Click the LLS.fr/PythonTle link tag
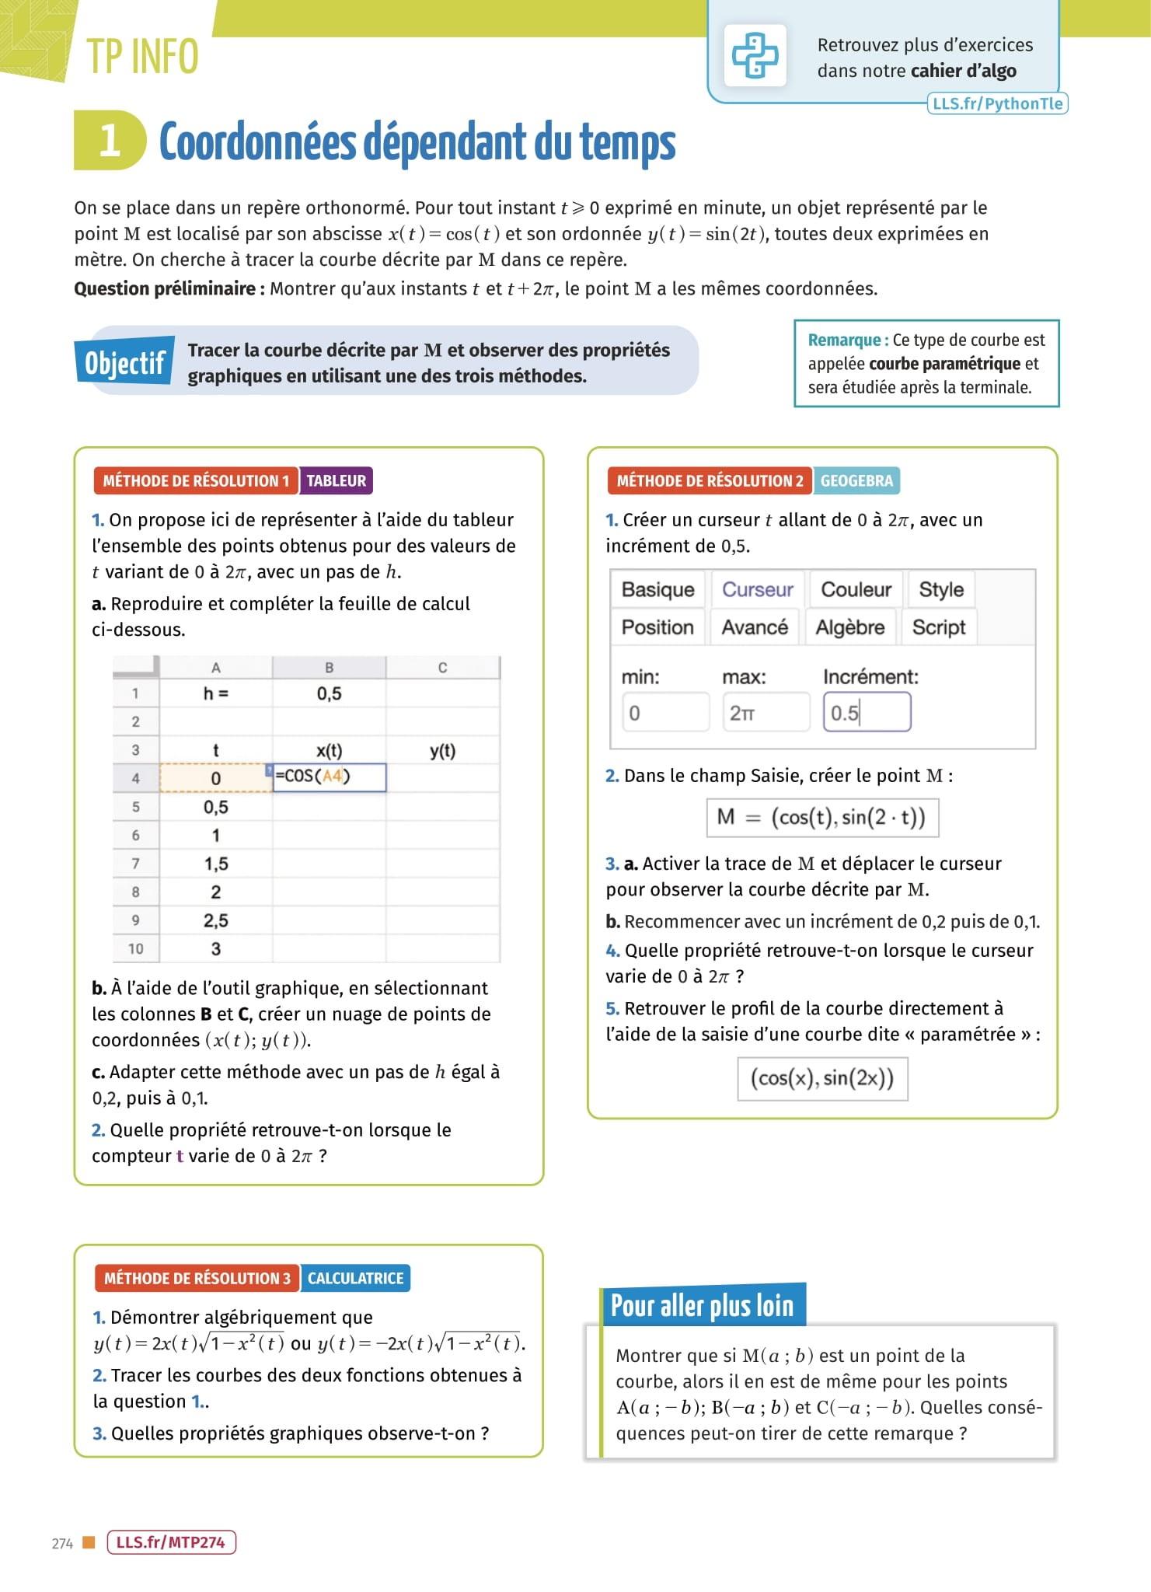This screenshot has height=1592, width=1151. pos(997,103)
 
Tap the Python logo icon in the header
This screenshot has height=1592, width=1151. pos(755,55)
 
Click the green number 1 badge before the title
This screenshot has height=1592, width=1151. pos(110,141)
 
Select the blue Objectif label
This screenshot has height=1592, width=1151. pos(124,362)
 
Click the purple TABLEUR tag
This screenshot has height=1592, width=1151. pos(336,480)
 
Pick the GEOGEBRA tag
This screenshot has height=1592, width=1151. pos(856,480)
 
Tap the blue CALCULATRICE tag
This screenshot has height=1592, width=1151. pos(355,1278)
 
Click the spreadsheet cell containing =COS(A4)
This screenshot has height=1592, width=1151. pos(329,777)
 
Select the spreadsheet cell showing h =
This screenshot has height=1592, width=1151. pos(215,693)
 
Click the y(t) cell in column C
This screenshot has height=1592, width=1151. pos(442,750)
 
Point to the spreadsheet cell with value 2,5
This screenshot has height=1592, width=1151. pos(215,920)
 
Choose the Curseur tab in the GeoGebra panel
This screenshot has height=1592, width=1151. pos(757,589)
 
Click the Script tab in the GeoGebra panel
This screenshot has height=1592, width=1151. pos(938,627)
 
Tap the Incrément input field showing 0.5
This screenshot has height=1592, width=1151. pos(867,712)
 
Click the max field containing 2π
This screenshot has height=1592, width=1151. pos(766,712)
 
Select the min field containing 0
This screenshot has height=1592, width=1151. pos(665,712)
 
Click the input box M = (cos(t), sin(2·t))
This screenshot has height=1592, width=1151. pos(821,817)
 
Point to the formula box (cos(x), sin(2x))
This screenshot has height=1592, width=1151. pos(821,1078)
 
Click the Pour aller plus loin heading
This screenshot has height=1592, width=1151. pos(702,1306)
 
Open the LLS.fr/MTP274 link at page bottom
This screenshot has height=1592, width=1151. pos(170,1542)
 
